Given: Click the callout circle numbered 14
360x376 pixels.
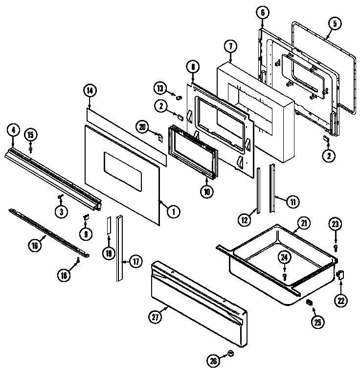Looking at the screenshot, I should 90,90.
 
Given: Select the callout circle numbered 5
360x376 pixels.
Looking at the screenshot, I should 334,23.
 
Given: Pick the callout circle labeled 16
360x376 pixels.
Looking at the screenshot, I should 34,246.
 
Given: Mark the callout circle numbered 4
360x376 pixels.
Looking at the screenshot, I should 13,130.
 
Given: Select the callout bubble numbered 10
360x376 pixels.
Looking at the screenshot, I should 206,192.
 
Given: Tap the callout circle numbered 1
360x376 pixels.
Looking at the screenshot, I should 172,211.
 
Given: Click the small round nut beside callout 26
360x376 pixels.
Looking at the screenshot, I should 231,354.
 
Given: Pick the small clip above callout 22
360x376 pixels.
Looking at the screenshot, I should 340,277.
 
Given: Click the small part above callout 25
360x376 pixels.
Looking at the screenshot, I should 309,303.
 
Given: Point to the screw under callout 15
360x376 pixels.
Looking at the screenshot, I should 31,149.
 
